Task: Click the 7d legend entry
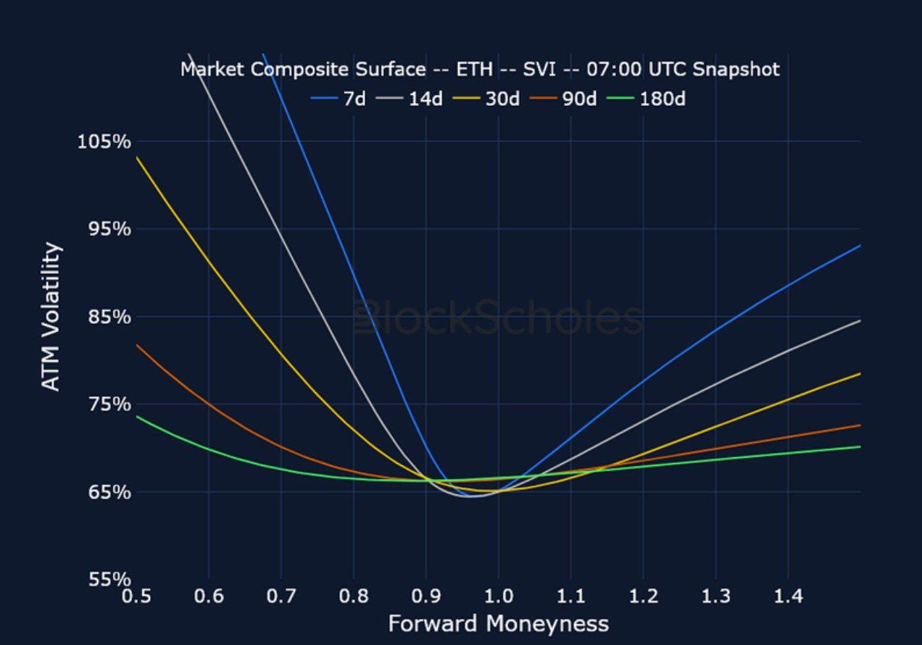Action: coord(338,99)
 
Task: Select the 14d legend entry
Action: coord(409,99)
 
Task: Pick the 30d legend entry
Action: coord(486,99)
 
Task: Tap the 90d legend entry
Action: coord(563,99)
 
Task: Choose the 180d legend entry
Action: coord(647,99)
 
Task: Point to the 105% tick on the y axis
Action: coord(104,142)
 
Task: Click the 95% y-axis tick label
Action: coord(109,229)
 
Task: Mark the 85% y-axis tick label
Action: coord(109,317)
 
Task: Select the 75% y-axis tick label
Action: coord(109,404)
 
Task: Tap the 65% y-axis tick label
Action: coord(109,492)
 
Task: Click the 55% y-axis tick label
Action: coord(109,580)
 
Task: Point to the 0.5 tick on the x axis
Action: coord(136,596)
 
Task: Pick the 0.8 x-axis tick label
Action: coord(354,596)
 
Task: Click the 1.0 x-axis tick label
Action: coord(499,596)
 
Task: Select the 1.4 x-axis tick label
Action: coord(788,596)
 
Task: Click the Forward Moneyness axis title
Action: coord(499,624)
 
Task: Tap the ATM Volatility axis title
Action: coord(51,316)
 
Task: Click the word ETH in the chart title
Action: coord(475,69)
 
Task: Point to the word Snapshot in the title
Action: coord(736,70)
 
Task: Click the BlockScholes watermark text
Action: coord(499,317)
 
